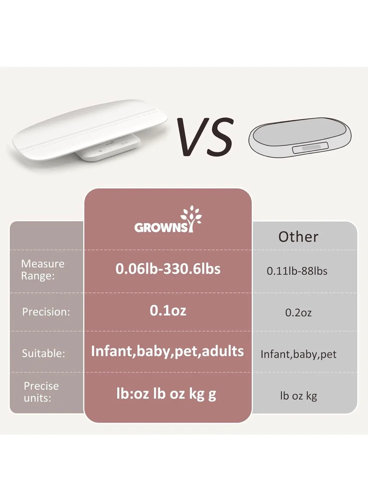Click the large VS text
point(205,137)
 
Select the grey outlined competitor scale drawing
point(300,137)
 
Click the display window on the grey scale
point(310,148)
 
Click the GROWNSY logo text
point(161,228)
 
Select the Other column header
point(298,237)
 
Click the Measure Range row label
point(43,270)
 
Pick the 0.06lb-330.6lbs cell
point(168,269)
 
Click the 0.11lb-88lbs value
point(297,271)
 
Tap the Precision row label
point(46,312)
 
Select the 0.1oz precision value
point(168,310)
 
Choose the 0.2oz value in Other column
point(298,313)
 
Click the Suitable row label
point(43,353)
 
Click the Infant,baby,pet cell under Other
point(298,354)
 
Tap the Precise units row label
point(41,392)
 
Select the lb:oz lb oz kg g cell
point(166,394)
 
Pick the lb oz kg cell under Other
point(298,396)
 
